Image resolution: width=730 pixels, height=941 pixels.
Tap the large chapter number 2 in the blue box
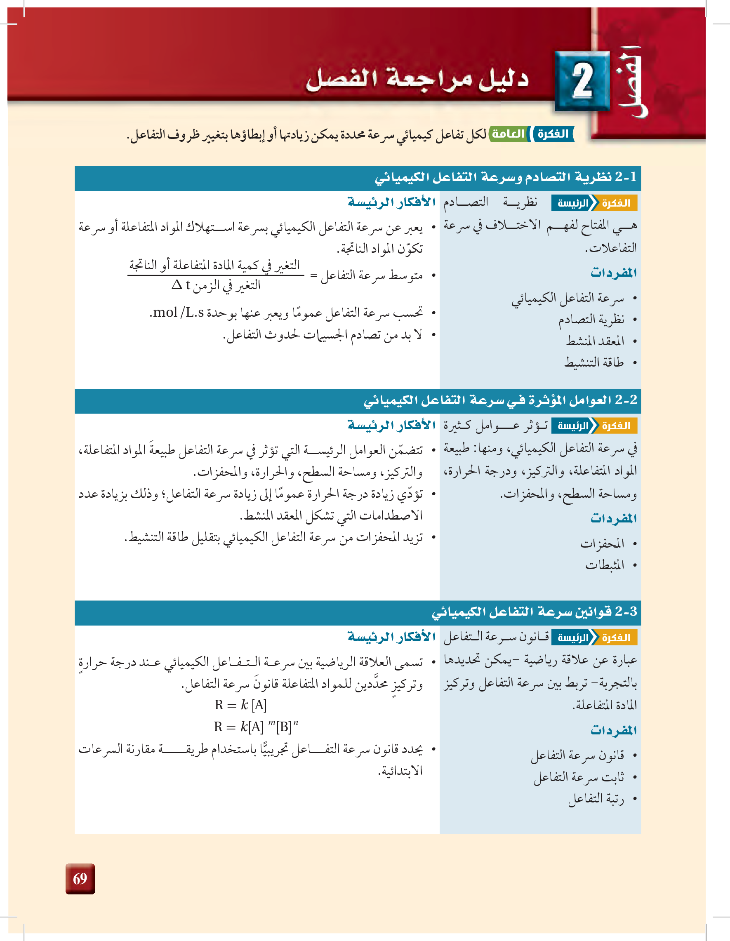point(582,81)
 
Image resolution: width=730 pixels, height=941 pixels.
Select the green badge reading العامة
point(509,134)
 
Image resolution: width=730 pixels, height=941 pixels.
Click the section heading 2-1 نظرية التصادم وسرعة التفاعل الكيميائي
point(505,177)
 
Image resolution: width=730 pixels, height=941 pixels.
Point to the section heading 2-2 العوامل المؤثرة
point(500,401)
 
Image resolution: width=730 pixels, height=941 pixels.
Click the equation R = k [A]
point(240,705)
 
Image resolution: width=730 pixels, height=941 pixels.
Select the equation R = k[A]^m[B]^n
point(256,727)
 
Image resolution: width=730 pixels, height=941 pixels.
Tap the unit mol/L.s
point(177,312)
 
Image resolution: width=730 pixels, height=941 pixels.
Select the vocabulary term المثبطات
point(604,565)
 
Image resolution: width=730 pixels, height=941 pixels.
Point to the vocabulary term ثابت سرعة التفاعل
point(578,777)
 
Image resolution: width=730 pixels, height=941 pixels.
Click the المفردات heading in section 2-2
point(613,518)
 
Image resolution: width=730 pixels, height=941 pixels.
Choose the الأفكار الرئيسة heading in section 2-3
point(391,636)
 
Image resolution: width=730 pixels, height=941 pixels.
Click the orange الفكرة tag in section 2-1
point(616,203)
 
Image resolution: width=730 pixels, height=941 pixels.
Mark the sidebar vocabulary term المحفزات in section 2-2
point(602,544)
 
